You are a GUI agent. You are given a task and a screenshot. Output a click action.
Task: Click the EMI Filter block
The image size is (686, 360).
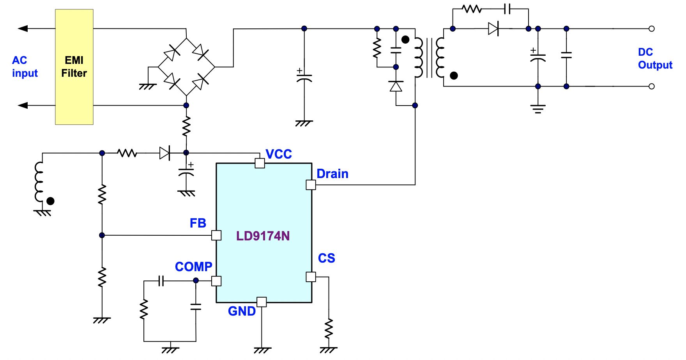[74, 67]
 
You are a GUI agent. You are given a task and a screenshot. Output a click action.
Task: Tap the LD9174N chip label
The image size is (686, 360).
[263, 236]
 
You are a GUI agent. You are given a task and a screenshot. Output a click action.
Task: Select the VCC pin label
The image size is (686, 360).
[279, 154]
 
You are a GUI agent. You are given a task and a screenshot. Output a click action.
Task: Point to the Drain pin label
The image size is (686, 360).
[332, 174]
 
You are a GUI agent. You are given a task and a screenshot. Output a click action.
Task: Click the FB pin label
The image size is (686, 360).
[198, 223]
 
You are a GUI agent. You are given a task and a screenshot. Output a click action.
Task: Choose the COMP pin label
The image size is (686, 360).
[194, 267]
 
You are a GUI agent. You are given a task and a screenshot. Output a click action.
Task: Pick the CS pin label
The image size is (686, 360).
[327, 258]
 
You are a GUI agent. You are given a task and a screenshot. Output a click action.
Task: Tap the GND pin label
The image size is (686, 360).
[242, 311]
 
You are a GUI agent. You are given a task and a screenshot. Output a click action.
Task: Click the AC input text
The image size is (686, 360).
[25, 67]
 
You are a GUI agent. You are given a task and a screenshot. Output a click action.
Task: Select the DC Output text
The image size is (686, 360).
[655, 58]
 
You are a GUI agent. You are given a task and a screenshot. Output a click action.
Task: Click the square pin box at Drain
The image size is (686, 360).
[311, 185]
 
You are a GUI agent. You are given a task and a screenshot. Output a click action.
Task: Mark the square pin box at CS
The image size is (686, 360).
[311, 277]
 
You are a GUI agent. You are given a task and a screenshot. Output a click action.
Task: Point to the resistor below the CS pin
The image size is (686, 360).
[329, 328]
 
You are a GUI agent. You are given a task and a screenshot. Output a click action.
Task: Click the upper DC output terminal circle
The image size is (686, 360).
[651, 28]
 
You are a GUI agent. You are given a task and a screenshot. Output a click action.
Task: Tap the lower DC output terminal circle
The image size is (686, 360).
[651, 86]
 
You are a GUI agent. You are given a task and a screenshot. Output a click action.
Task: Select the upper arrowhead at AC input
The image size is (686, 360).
[23, 28]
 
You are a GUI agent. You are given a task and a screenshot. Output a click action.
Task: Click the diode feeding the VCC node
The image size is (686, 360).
[165, 153]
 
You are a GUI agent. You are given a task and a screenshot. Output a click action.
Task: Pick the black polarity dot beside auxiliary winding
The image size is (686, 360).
[50, 201]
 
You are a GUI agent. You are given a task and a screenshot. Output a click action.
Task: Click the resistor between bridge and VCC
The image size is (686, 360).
[186, 127]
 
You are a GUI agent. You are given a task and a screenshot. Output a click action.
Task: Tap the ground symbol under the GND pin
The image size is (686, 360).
[262, 351]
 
